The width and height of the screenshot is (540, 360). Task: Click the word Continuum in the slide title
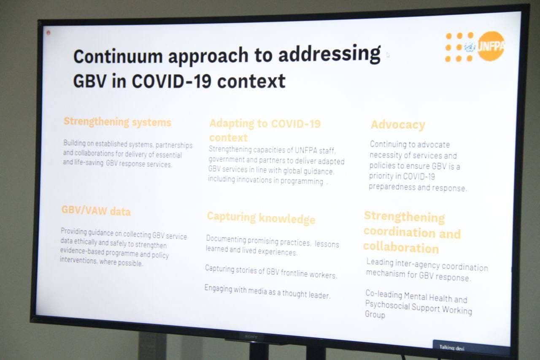click(118, 57)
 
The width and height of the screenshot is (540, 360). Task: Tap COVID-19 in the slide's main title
click(172, 81)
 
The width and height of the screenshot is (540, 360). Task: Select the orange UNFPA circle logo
click(491, 46)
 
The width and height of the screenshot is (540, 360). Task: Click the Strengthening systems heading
click(117, 122)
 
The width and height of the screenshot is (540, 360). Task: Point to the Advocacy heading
click(398, 125)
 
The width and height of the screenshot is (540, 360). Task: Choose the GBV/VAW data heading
click(96, 211)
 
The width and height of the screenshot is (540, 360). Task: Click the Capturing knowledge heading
click(261, 218)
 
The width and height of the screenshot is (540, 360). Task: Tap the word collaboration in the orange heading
click(401, 248)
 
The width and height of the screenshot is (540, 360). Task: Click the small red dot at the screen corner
click(49, 32)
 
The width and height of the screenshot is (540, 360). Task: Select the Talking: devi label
click(452, 348)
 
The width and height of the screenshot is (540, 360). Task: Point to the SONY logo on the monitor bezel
click(251, 337)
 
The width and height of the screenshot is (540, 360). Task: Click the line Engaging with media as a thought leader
click(267, 292)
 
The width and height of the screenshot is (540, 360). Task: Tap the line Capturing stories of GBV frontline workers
click(271, 272)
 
